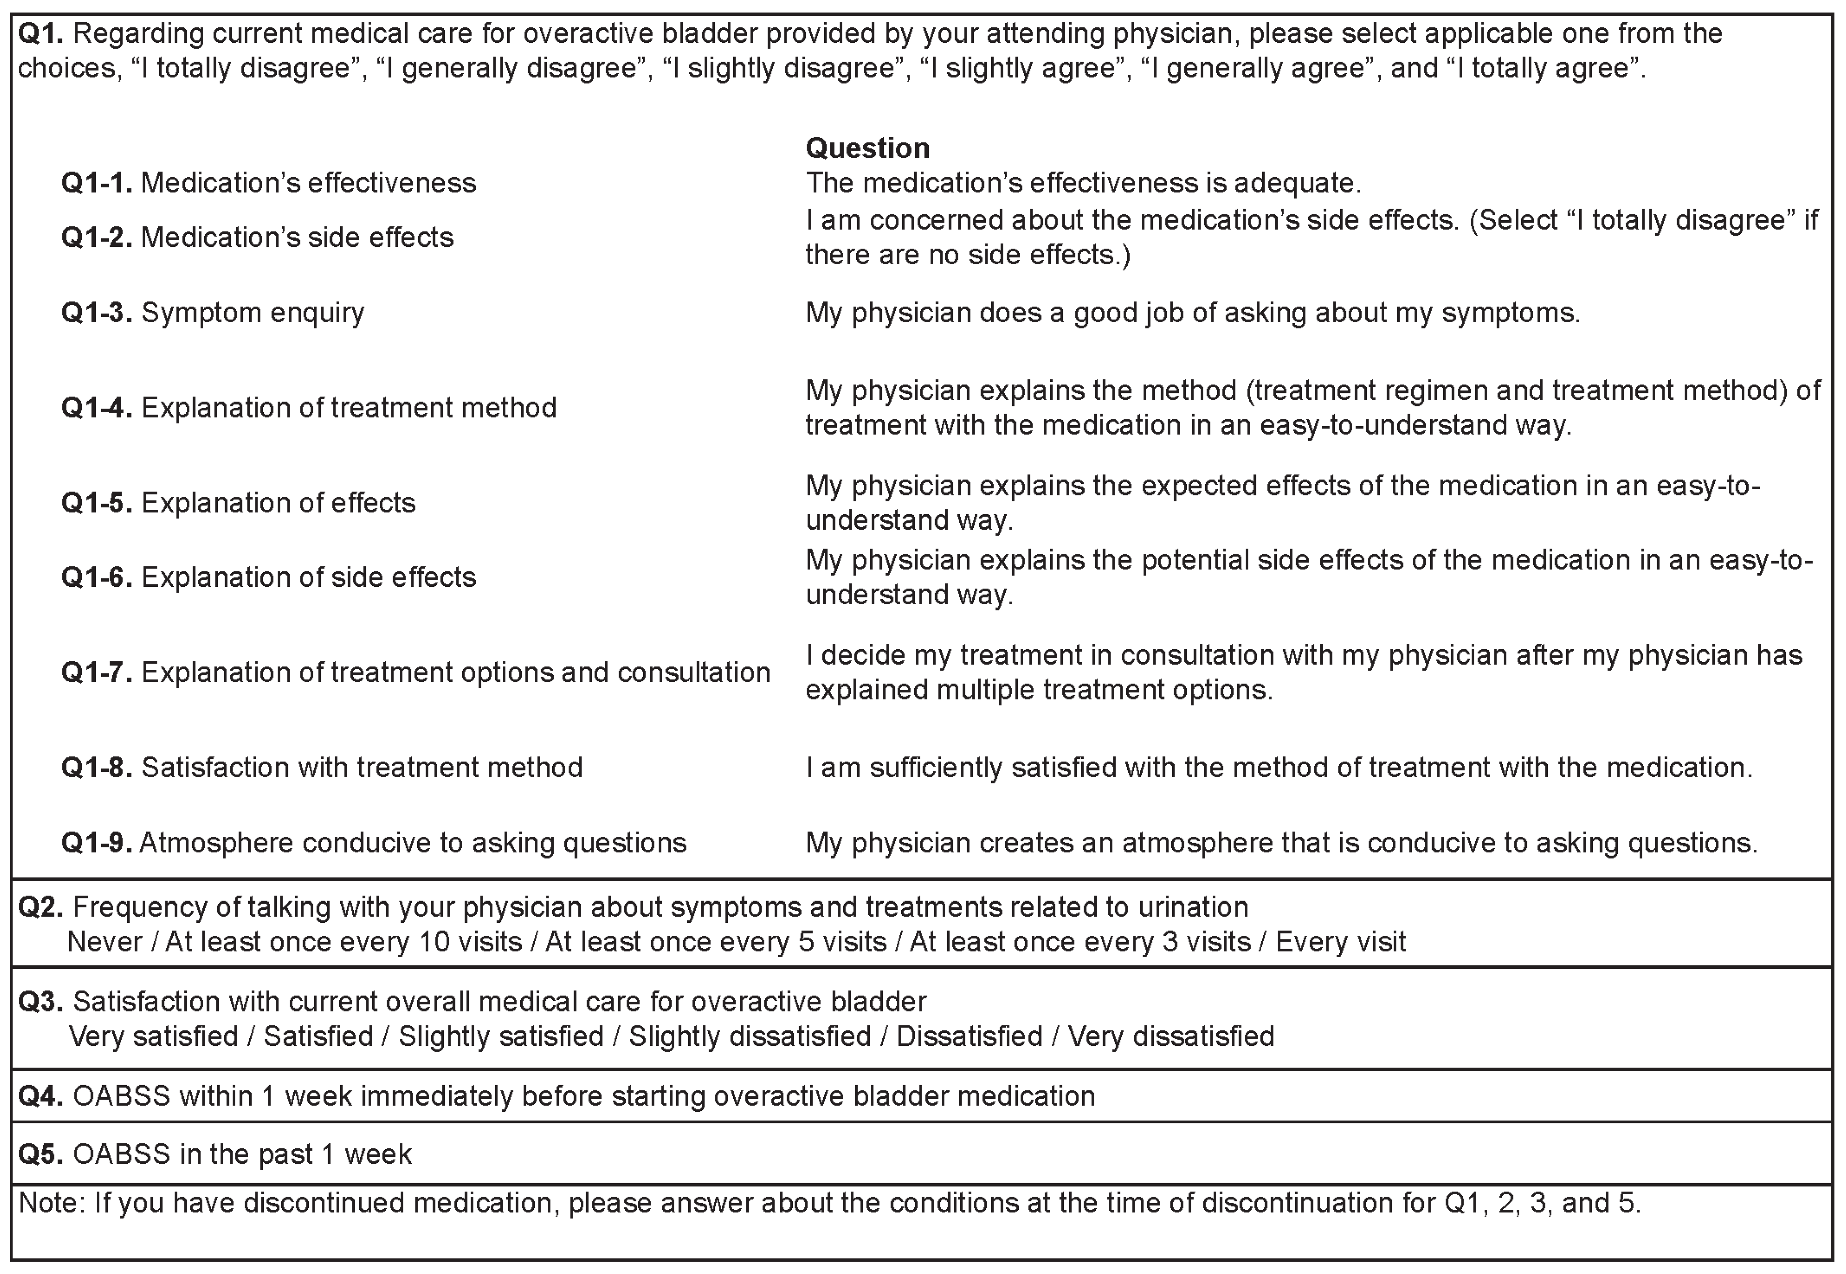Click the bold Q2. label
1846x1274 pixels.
[40, 908]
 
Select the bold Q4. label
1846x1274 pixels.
[40, 1097]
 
